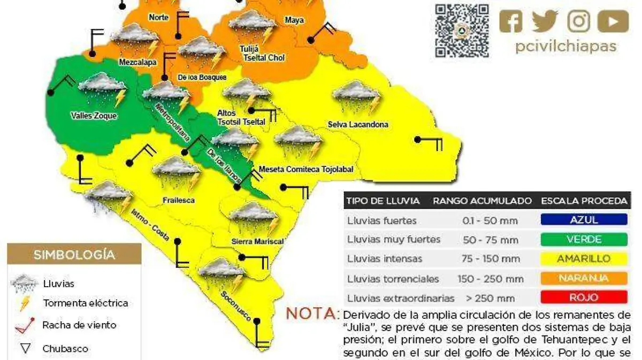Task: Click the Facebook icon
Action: point(511,21)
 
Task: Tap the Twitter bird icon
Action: point(545,21)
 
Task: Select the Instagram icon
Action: point(578,21)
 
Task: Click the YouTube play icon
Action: point(613,21)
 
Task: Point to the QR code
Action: point(462,30)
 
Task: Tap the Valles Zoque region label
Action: point(94,116)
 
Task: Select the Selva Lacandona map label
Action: point(358,125)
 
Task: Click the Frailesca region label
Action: point(178,201)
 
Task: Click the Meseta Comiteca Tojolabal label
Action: point(306,170)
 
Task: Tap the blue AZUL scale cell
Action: point(584,220)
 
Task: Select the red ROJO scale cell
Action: point(584,297)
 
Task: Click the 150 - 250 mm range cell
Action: point(490,279)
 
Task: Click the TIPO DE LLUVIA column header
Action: point(383,201)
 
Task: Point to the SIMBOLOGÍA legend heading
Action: point(74,255)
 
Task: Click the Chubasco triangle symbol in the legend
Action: point(25,349)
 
